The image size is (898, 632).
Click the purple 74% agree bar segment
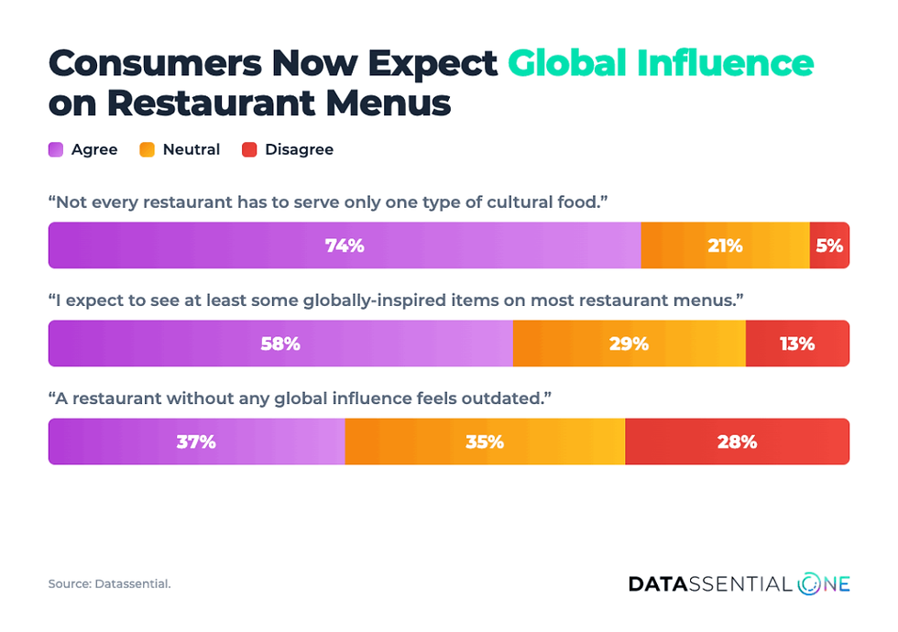pyautogui.click(x=345, y=245)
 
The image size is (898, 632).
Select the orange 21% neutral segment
pyautogui.click(x=726, y=245)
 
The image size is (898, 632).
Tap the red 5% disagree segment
pyautogui.click(x=829, y=245)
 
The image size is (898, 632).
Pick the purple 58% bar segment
pyautogui.click(x=280, y=343)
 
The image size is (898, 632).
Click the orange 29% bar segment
pyautogui.click(x=630, y=343)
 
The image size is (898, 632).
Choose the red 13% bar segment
pyautogui.click(x=797, y=343)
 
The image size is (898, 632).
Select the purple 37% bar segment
pyautogui.click(x=196, y=441)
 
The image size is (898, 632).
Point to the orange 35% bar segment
pyautogui.click(x=485, y=441)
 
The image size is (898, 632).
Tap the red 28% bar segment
pyautogui.click(x=737, y=441)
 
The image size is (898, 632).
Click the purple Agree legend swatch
pyautogui.click(x=56, y=149)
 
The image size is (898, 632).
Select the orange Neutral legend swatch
pyautogui.click(x=148, y=149)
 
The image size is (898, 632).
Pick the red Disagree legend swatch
pyautogui.click(x=249, y=149)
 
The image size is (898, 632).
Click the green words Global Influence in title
pyautogui.click(x=661, y=63)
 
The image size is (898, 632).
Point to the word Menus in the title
pyautogui.click(x=389, y=103)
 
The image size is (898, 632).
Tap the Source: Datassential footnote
pyautogui.click(x=109, y=584)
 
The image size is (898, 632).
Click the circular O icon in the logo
pyautogui.click(x=810, y=584)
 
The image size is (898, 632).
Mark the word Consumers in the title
pyautogui.click(x=155, y=63)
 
